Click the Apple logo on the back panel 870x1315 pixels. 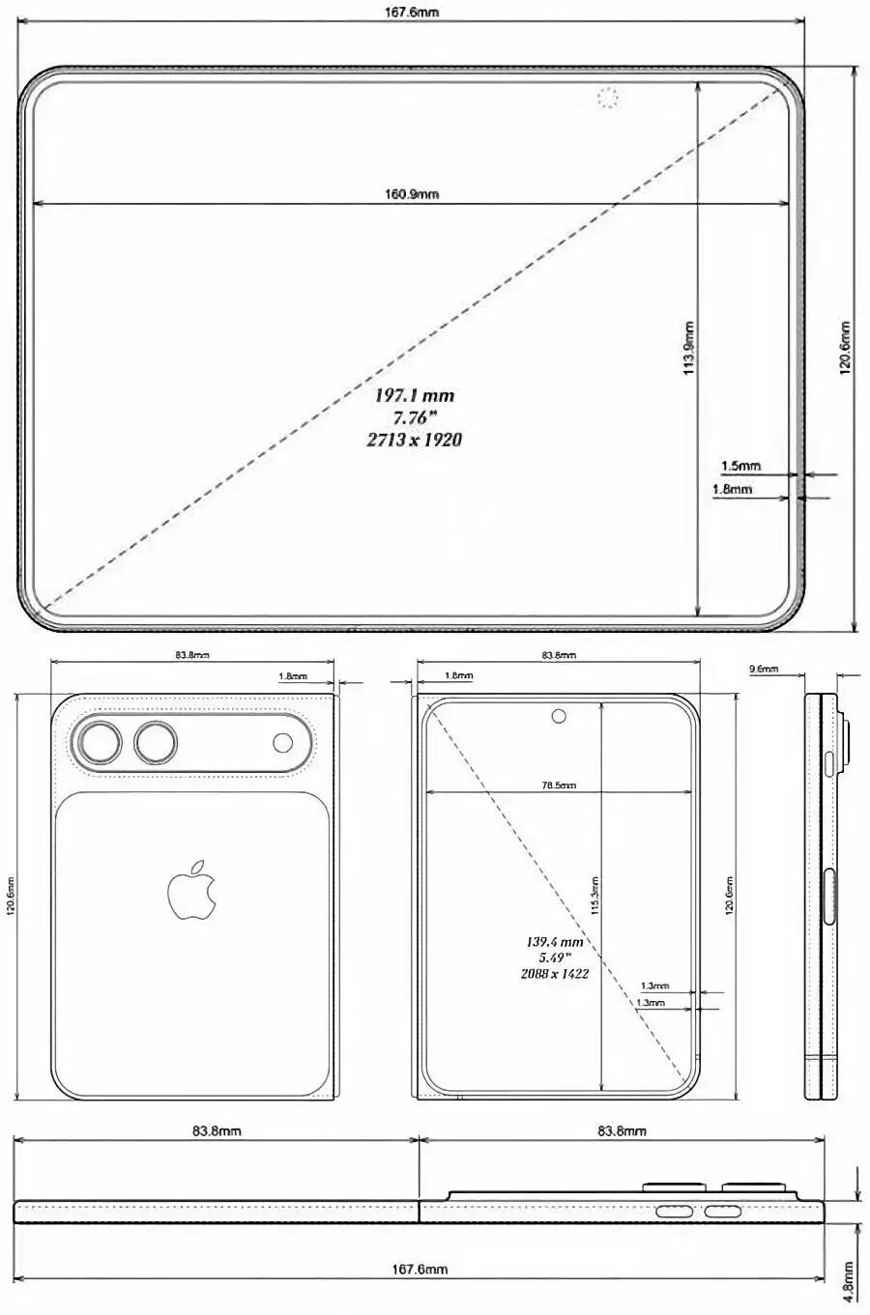pos(191,889)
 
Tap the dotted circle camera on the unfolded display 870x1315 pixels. pos(607,98)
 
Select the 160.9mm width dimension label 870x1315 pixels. pos(412,194)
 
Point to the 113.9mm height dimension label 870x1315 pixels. pos(689,348)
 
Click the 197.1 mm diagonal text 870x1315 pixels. pos(415,395)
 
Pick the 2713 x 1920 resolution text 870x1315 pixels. pos(414,440)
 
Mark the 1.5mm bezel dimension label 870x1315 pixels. pos(741,466)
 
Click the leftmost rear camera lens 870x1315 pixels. pos(100,743)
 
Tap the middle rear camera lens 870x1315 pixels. pos(156,743)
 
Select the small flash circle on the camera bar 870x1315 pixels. pos(283,742)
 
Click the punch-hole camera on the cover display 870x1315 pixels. pos(558,716)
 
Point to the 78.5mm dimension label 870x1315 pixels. pos(558,786)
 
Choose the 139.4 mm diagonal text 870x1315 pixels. pos(555,941)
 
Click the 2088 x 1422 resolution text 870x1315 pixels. pos(555,974)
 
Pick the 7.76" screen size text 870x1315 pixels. pos(415,417)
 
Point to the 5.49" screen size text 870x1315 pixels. pos(555,958)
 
